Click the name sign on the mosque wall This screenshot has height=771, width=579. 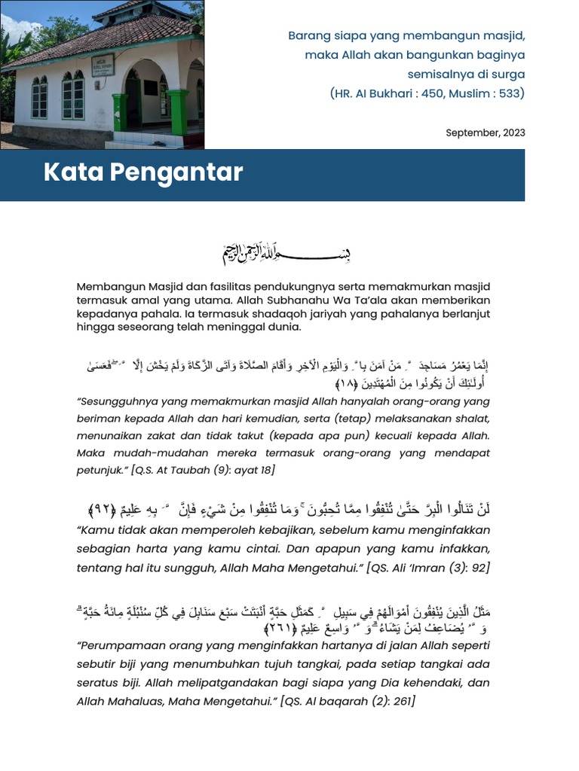click(103, 65)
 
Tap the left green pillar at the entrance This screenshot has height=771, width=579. click(120, 113)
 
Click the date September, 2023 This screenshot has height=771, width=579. click(485, 133)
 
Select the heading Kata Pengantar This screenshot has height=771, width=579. click(143, 172)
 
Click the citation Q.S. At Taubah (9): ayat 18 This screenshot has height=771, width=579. click(203, 470)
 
